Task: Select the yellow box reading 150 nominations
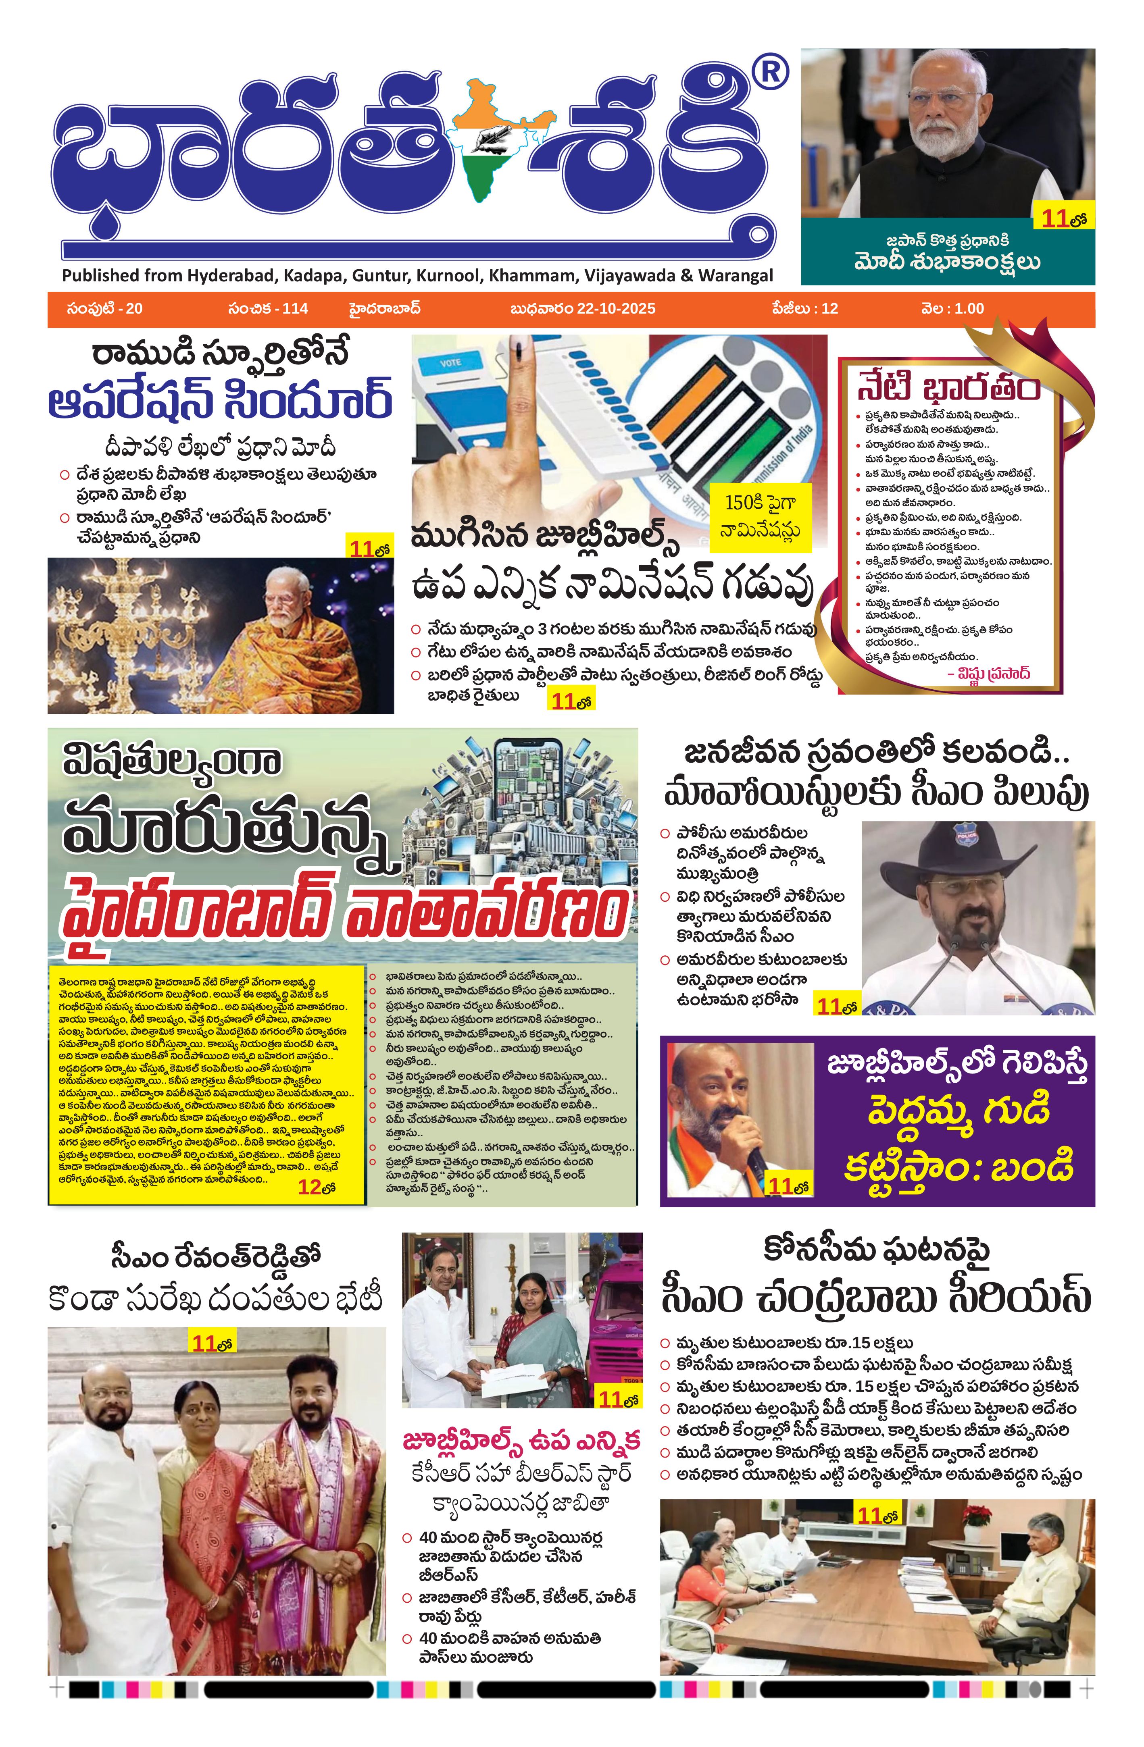[760, 516]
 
